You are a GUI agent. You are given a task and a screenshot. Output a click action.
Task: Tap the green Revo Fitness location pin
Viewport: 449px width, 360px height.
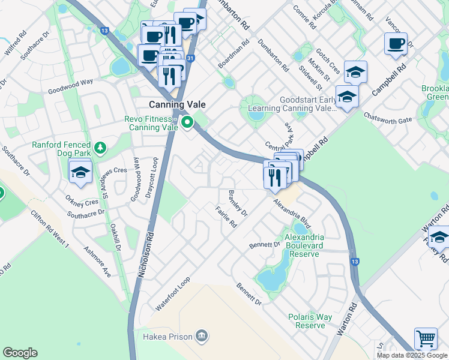[x=187, y=123]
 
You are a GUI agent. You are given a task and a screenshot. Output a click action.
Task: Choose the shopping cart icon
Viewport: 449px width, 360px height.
[x=426, y=338]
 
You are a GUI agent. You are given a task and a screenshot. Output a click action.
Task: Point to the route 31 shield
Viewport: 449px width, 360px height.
[x=190, y=58]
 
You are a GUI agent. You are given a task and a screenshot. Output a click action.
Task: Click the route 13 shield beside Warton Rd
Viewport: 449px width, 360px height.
[x=355, y=262]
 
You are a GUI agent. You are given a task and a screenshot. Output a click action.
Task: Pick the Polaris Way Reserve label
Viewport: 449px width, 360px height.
[x=303, y=320]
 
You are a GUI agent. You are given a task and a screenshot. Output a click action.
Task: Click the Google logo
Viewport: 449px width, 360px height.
[x=20, y=353]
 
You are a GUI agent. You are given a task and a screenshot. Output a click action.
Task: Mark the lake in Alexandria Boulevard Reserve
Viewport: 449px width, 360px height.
[x=271, y=277]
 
